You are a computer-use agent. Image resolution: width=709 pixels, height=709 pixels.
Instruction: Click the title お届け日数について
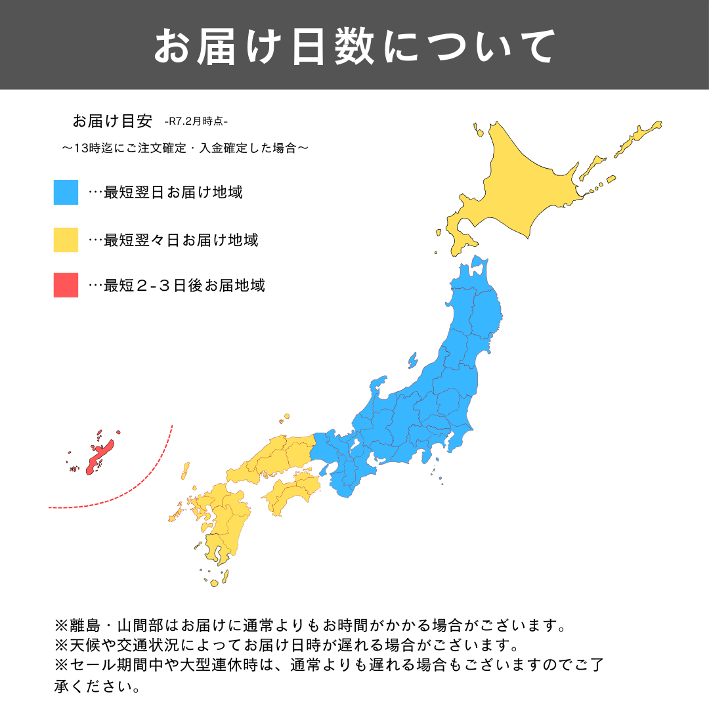click(x=354, y=46)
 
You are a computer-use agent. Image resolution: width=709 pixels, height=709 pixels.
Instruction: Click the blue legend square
click(x=66, y=192)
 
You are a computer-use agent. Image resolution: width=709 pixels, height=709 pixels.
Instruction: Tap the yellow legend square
click(x=66, y=240)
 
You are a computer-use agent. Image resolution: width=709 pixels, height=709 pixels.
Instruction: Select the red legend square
click(x=66, y=286)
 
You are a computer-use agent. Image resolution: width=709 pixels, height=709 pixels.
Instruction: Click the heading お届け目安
click(x=112, y=121)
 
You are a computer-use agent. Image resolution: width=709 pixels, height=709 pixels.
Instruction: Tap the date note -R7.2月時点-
click(x=196, y=122)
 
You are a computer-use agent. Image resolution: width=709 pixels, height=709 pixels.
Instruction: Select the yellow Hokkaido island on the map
click(x=519, y=190)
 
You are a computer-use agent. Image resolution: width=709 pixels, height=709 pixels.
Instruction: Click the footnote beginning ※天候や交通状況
click(x=286, y=645)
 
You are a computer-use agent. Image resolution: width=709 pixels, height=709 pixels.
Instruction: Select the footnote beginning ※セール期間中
click(x=328, y=665)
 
